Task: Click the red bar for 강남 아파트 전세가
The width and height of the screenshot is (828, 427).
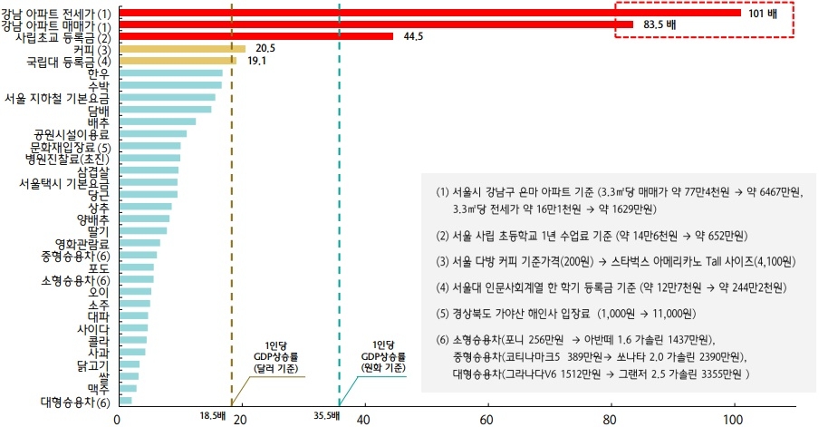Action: [426, 13]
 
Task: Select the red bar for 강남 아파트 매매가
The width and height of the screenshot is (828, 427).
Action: [375, 24]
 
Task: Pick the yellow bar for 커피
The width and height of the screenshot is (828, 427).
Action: [181, 48]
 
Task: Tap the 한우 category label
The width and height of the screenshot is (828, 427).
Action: [99, 73]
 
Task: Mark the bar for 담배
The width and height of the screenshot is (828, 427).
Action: [164, 109]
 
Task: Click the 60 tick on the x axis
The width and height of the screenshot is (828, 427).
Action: [486, 420]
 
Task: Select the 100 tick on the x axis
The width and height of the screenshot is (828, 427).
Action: [732, 420]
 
